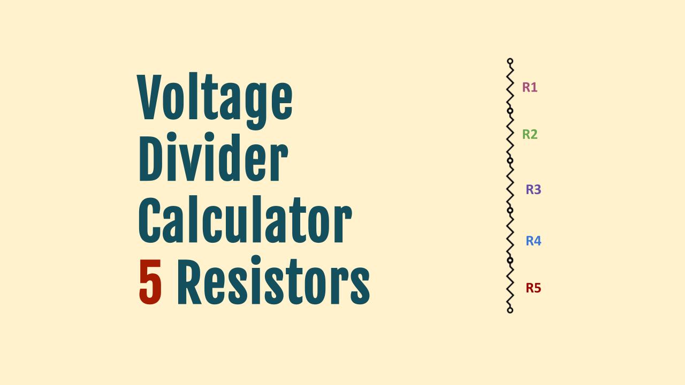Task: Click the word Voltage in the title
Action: (x=215, y=101)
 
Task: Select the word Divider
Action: (x=214, y=157)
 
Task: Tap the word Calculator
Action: (x=245, y=219)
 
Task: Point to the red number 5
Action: (x=150, y=282)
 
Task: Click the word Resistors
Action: (x=273, y=281)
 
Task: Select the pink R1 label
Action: (x=530, y=87)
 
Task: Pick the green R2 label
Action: (x=530, y=134)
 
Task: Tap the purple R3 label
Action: (x=534, y=189)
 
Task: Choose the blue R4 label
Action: (x=534, y=241)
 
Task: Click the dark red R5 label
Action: (x=534, y=288)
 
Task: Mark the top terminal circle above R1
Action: (x=510, y=61)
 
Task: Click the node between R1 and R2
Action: (x=510, y=111)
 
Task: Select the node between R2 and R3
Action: (x=510, y=160)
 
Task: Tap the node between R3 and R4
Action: (x=510, y=210)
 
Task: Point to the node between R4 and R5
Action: (x=510, y=260)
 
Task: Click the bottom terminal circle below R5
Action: (x=510, y=310)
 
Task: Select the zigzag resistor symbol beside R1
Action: (x=510, y=86)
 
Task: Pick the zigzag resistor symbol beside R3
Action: (x=510, y=186)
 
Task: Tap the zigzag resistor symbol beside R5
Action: (x=510, y=285)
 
